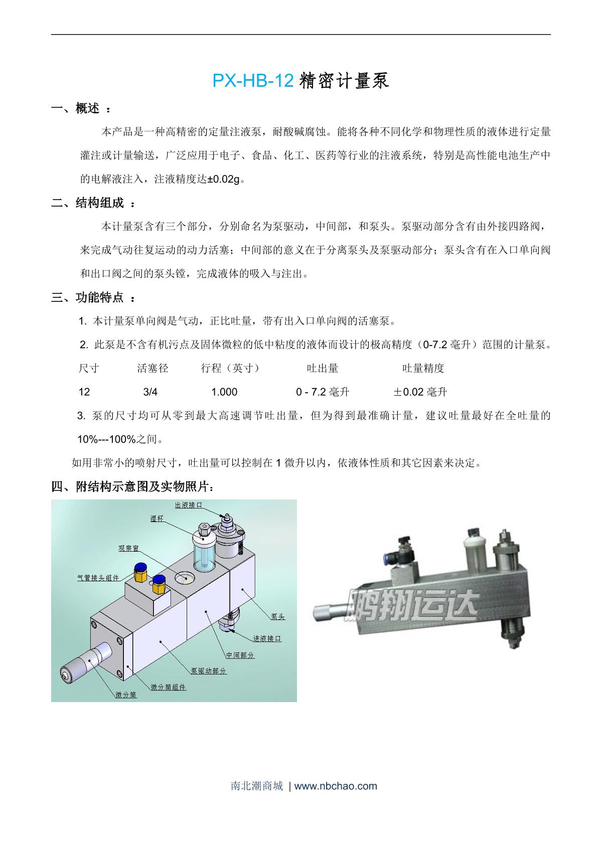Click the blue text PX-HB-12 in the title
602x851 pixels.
pyautogui.click(x=252, y=81)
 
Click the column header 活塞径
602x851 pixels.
pyautogui.click(x=153, y=369)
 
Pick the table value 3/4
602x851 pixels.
pyautogui.click(x=150, y=392)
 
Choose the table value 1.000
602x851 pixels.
pyautogui.click(x=224, y=392)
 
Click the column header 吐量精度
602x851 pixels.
pyautogui.click(x=423, y=369)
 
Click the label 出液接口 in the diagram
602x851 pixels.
pyautogui.click(x=188, y=505)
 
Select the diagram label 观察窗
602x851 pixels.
pyautogui.click(x=128, y=548)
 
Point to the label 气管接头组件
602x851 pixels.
pyautogui.click(x=98, y=578)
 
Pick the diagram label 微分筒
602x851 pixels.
pyautogui.click(x=126, y=695)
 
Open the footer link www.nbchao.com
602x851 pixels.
pyautogui.click(x=336, y=786)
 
